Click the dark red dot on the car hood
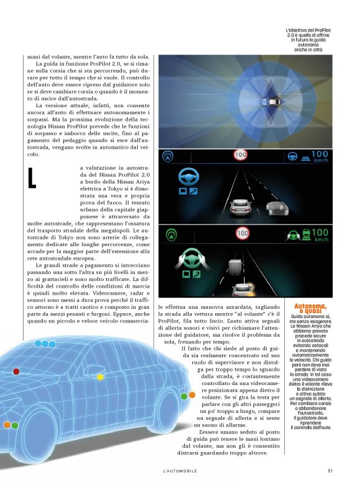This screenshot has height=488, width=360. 16,371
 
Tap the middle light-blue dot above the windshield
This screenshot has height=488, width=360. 45,343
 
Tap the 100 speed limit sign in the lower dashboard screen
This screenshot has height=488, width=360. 242,233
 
